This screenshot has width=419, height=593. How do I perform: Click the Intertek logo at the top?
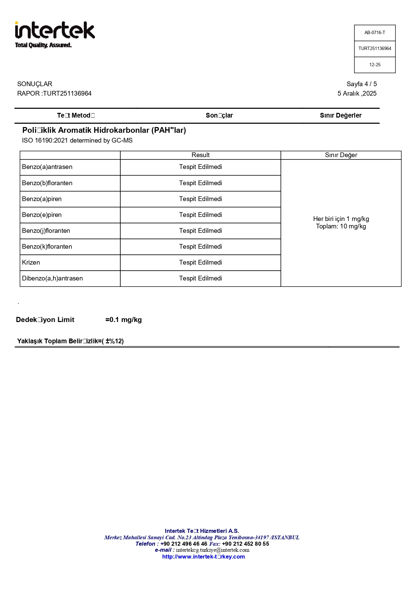pos(55,34)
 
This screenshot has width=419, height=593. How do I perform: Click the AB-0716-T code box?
pos(374,33)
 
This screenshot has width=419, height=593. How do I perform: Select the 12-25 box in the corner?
pos(374,65)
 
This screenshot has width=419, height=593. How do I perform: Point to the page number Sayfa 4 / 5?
pos(361,84)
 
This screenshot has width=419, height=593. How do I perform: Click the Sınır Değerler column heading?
pos(340,116)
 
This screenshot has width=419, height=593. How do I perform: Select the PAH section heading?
pos(104,130)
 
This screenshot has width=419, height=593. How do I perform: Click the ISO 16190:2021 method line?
pos(77,141)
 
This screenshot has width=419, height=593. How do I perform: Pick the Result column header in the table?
pos(200,155)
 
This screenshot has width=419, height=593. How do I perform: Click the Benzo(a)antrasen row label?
pos(47,167)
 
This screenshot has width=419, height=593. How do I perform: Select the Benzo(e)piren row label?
pos(42,215)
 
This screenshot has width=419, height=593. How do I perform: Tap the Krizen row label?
pos(31,263)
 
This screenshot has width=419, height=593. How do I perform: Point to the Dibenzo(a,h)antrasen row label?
pos(52,278)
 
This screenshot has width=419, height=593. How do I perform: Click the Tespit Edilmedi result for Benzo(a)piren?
pos(200,199)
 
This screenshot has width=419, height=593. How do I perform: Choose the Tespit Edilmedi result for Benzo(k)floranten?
pos(200,247)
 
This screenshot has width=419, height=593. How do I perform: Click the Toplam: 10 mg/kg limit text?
pos(341,226)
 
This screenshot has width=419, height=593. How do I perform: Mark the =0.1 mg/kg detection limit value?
pos(123,320)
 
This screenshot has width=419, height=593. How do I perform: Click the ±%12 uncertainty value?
pos(114,341)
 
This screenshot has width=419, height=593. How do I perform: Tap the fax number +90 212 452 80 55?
pos(245,544)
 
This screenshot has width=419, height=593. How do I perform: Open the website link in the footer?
pos(203,557)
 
